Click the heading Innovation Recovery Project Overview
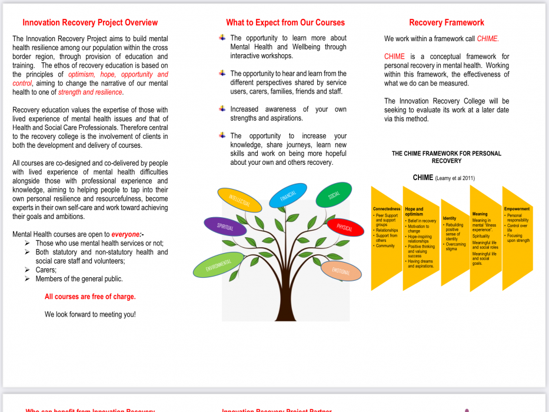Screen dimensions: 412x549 (90, 23)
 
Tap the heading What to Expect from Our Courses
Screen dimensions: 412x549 (285, 23)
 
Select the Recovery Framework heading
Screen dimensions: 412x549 (447, 23)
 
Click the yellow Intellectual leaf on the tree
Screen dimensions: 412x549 (239, 200)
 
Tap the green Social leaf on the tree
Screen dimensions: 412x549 (334, 195)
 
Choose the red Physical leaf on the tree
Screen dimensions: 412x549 (345, 227)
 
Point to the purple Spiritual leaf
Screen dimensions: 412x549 (225, 227)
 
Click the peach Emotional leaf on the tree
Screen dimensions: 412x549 (341, 271)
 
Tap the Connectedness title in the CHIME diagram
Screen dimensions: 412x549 (386, 209)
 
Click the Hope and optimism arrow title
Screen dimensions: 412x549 (414, 211)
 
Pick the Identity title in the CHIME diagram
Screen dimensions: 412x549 (450, 218)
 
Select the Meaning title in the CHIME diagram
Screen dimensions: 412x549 (480, 214)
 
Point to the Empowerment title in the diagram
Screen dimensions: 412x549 (517, 209)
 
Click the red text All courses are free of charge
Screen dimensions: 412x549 (90, 297)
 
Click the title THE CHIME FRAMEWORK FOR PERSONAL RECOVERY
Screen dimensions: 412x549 (447, 157)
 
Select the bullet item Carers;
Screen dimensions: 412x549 (46, 270)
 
